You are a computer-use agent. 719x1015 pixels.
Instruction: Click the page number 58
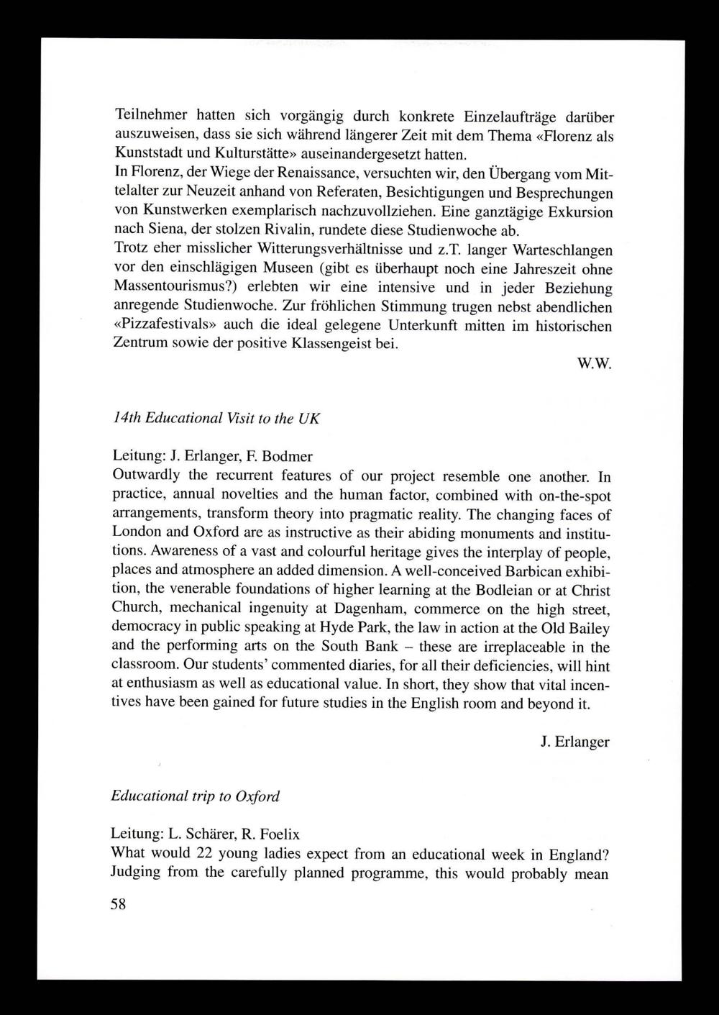pos(118,904)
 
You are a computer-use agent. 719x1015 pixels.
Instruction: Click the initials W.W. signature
pos(594,364)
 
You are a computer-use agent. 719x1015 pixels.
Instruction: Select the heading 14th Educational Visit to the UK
pos(216,418)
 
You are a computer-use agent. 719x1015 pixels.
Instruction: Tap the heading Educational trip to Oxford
pos(195,796)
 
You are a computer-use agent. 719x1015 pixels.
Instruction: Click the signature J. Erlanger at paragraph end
pos(574,742)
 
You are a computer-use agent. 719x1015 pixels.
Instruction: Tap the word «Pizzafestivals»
pos(162,326)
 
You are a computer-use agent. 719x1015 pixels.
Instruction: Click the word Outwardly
pos(147,475)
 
